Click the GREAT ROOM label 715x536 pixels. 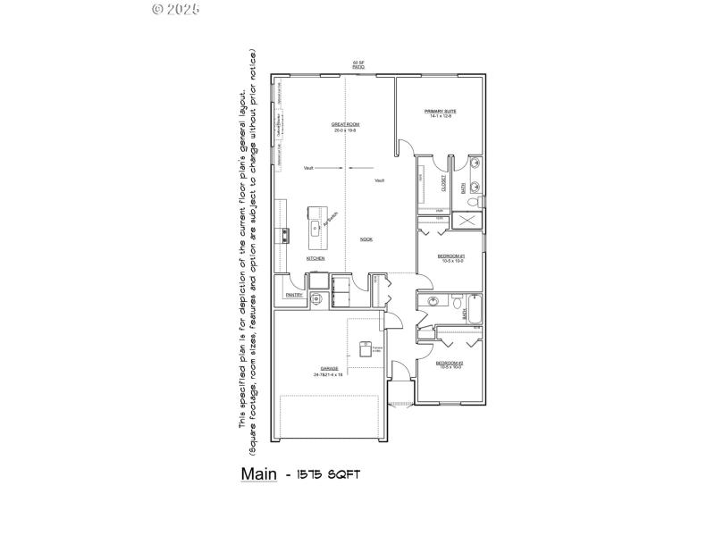coord(346,124)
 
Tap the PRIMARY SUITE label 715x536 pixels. coord(441,112)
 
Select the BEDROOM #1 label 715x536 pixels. coord(450,255)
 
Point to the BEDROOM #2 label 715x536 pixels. coord(449,363)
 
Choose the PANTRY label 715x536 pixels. coord(292,295)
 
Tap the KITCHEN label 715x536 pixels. coord(315,258)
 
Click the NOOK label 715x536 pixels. coord(366,239)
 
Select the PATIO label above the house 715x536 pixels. coord(358,66)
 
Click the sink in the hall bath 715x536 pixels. coord(432,302)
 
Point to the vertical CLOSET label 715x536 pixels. coord(443,182)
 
